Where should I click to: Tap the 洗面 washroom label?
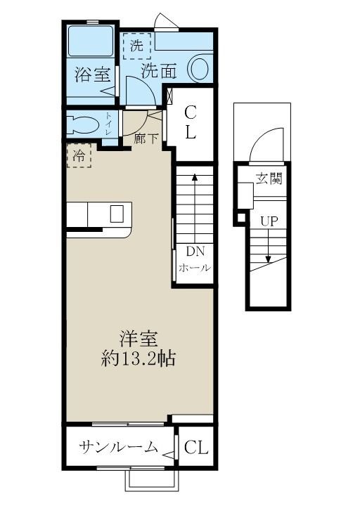tap(159, 70)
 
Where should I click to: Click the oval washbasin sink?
tap(199, 69)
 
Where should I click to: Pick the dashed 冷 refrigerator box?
tap(79, 156)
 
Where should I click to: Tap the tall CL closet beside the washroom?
tap(190, 122)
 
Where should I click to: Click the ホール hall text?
tap(194, 268)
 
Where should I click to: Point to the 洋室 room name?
tap(138, 339)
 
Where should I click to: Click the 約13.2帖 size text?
tap(138, 358)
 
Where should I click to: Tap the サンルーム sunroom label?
tap(118, 448)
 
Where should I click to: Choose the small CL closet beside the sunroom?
tap(196, 448)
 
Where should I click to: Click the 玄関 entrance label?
tap(269, 179)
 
